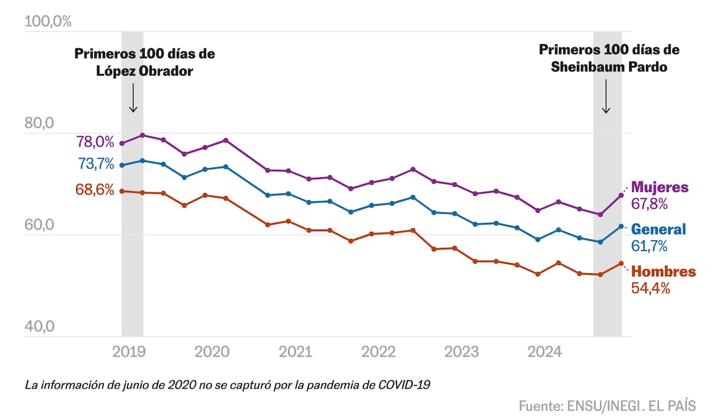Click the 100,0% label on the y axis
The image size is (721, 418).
[47, 22]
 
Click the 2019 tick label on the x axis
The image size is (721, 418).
[129, 351]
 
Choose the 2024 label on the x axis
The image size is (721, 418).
[544, 351]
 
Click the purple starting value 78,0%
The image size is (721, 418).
[95, 142]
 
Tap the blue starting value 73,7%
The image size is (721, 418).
[95, 163]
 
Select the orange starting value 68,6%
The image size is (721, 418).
[95, 190]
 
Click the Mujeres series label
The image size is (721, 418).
[660, 187]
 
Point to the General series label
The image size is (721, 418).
[659, 229]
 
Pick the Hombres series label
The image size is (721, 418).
[663, 271]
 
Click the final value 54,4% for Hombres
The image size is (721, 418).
[650, 288]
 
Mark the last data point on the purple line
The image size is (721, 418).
[621, 195]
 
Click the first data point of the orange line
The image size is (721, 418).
[122, 191]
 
